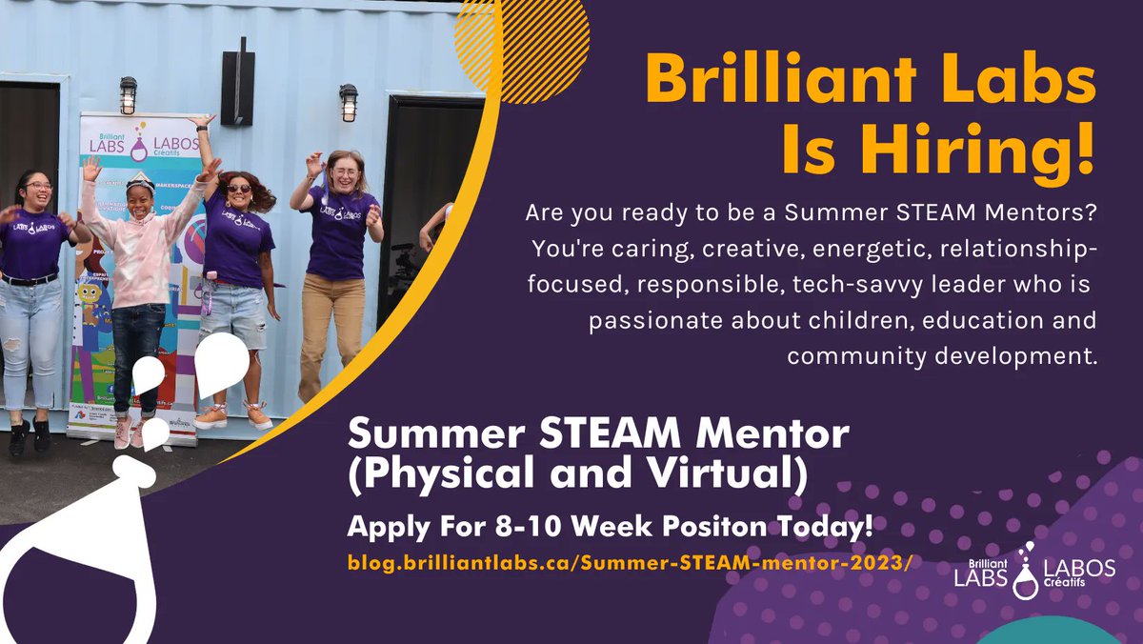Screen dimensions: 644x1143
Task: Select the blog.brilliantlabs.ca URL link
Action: pos(630,562)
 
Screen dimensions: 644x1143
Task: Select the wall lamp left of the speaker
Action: pos(128,95)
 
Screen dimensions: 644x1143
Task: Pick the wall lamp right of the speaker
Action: pos(349,102)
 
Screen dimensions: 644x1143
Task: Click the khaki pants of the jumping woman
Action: pos(331,324)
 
